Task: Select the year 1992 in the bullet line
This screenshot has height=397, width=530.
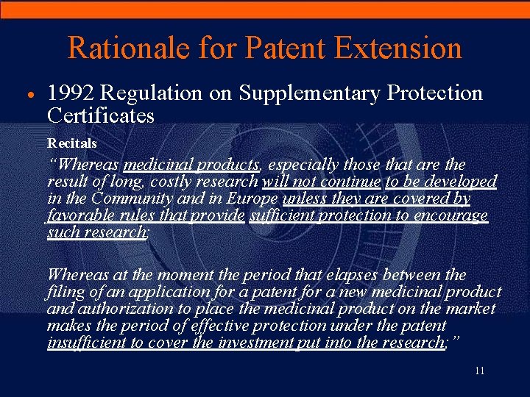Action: (x=71, y=93)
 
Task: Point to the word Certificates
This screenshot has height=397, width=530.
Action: (x=100, y=115)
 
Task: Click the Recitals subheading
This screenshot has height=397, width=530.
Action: (x=72, y=142)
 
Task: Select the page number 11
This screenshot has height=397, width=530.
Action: (x=479, y=371)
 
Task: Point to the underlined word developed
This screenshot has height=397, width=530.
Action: (x=461, y=182)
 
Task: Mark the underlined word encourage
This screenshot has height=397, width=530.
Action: (x=453, y=215)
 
